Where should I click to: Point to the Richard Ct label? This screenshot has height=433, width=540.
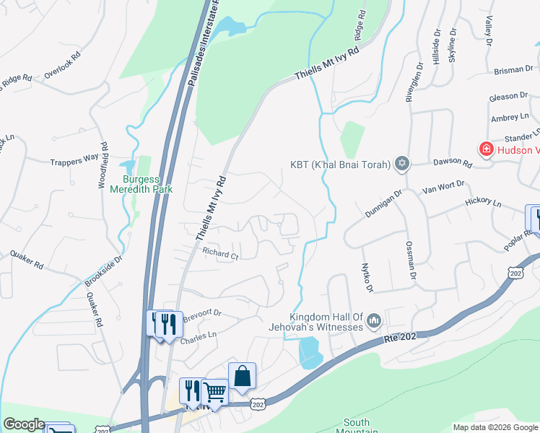(x=220, y=254)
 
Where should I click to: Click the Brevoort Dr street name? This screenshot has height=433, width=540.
(x=201, y=315)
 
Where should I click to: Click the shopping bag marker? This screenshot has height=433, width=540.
(x=242, y=375)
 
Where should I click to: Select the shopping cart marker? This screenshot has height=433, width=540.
(x=215, y=392)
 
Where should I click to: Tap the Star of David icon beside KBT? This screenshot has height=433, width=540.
(x=402, y=165)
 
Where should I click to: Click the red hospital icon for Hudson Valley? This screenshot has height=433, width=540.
(x=487, y=149)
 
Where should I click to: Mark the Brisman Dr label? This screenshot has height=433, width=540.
(x=513, y=71)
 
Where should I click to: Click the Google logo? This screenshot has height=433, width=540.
(x=24, y=424)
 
